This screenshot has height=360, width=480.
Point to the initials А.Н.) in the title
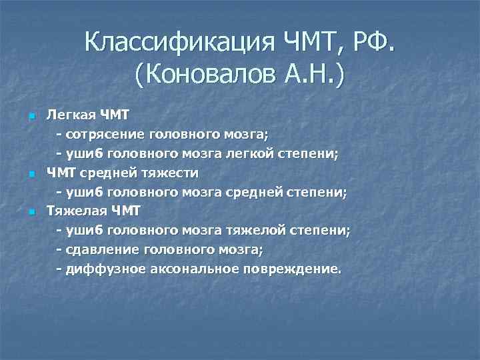pos(315,76)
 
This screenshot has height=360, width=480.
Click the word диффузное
pos(103,269)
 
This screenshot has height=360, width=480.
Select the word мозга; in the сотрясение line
pos(243,135)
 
